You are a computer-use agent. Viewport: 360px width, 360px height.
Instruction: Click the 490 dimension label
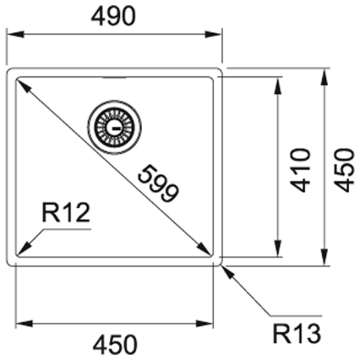113,16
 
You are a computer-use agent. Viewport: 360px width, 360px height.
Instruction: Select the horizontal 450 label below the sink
115,345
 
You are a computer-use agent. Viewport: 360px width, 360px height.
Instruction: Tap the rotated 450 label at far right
343,170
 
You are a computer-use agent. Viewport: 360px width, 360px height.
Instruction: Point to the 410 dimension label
300,170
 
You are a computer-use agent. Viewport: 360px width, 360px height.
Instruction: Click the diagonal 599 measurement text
158,183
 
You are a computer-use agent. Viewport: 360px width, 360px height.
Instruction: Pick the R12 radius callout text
65,212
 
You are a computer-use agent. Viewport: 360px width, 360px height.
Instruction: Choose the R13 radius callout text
296,334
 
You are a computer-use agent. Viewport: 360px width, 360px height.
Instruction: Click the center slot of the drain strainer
114,128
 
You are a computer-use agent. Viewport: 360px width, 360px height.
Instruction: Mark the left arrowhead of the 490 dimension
16,34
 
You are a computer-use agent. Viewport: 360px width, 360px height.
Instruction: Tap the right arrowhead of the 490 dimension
213,34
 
